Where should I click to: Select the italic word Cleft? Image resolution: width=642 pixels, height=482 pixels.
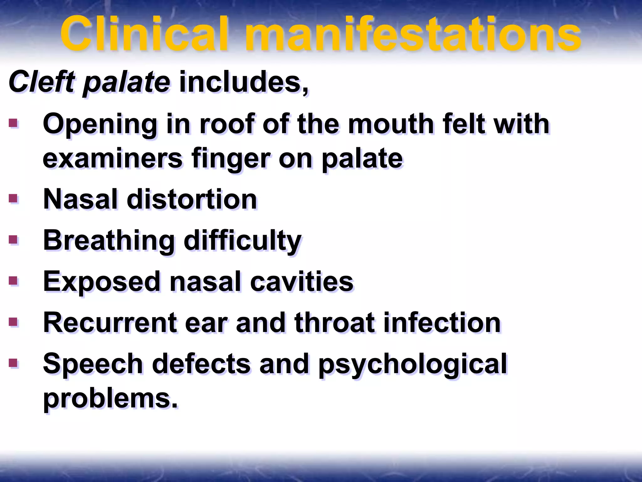[41, 82]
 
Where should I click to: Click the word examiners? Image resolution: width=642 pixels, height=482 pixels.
[113, 159]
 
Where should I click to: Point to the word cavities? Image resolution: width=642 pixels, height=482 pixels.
[302, 281]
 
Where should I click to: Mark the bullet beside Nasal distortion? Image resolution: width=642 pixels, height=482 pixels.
[13, 198]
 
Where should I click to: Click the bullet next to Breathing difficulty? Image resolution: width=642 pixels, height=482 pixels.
[13, 240]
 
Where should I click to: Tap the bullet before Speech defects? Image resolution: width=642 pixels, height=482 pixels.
[13, 363]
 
